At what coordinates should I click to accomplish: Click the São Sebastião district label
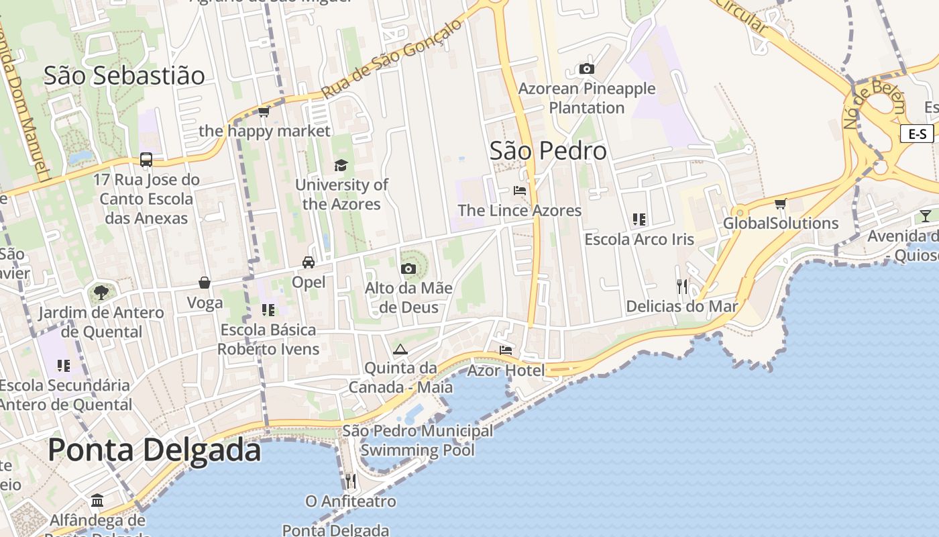point(124,76)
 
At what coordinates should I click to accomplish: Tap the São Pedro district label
point(548,151)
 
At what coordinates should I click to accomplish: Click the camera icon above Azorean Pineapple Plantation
point(586,68)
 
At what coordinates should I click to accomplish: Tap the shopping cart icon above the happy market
point(264,111)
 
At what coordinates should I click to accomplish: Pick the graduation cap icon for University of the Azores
point(341,165)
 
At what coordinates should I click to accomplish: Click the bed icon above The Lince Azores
point(520,191)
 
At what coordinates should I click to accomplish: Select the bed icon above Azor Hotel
point(506,350)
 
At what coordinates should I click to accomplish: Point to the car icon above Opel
point(309,262)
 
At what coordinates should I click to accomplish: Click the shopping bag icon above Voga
point(205,283)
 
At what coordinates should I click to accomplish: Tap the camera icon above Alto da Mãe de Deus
point(408,268)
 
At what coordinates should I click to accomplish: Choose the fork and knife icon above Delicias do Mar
point(682,287)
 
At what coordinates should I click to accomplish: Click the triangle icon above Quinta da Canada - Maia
point(400,349)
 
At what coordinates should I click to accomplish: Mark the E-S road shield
point(917,134)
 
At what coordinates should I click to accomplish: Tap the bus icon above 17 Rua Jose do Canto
point(146,160)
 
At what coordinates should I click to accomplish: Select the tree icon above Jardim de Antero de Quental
point(101,293)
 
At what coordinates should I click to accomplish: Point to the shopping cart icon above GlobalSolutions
point(780,203)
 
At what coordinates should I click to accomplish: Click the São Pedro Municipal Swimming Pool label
point(417,440)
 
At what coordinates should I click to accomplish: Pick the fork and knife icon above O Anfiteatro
point(350,481)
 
